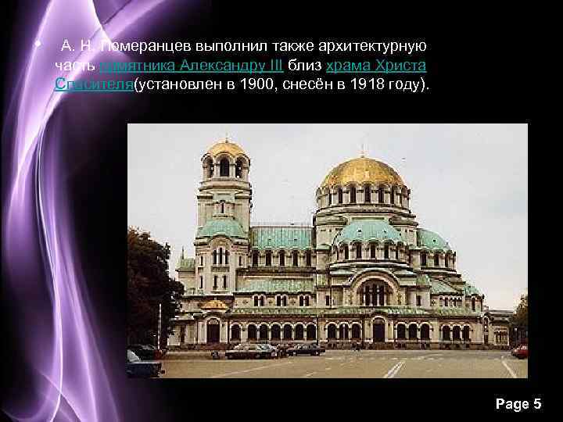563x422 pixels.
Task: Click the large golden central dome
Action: tap(362, 172)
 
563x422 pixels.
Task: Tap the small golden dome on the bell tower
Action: tap(226, 148)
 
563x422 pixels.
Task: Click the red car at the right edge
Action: tap(520, 351)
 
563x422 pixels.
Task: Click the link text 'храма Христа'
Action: tap(376, 66)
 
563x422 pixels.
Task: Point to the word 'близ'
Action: tap(307, 66)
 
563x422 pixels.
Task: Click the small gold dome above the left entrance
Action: tap(213, 304)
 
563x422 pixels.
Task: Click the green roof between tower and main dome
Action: tap(281, 236)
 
